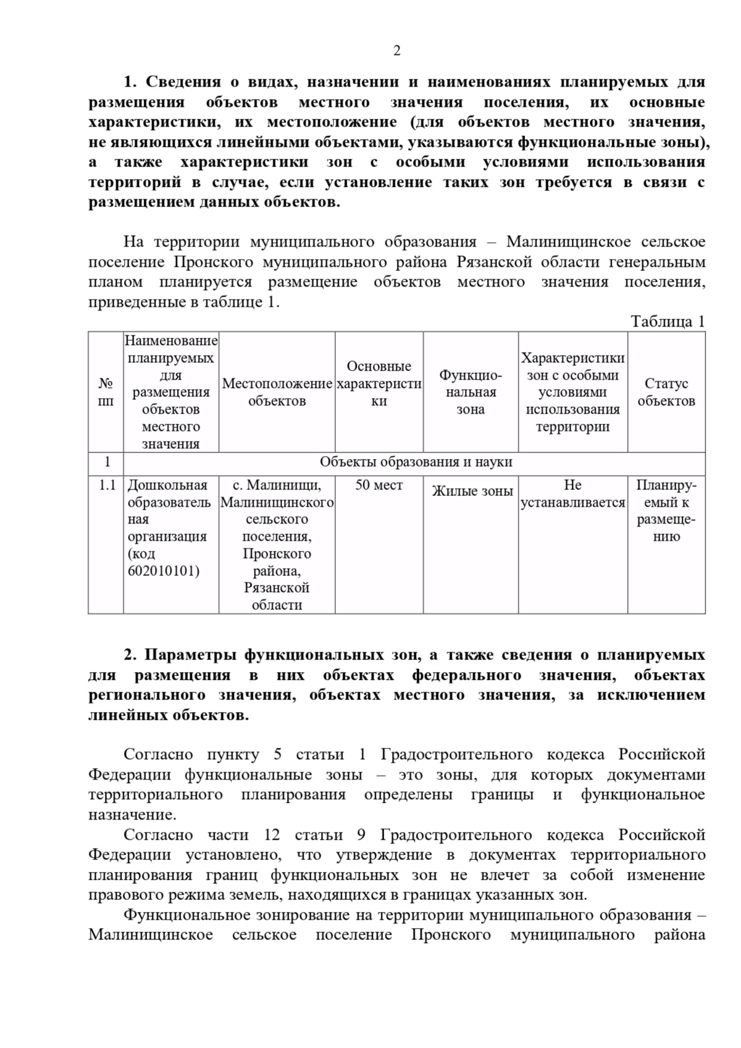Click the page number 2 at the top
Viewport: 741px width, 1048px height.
[396, 51]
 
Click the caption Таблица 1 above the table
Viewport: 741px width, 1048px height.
[667, 322]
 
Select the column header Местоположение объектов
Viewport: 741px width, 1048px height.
[277, 392]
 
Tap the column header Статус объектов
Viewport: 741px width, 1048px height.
[666, 392]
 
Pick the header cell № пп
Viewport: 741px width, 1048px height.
[106, 392]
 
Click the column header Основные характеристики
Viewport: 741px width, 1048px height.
[379, 383]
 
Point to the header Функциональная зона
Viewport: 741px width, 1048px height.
[471, 392]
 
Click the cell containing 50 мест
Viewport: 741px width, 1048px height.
[379, 485]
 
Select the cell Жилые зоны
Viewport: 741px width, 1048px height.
[472, 491]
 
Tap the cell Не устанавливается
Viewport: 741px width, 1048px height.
[572, 494]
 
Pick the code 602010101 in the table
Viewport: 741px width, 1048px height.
[164, 571]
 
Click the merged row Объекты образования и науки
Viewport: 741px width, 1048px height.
[416, 462]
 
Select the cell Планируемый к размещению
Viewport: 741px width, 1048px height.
[666, 510]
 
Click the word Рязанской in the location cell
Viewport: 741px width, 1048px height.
[277, 588]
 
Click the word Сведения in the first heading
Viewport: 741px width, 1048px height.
[183, 82]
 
